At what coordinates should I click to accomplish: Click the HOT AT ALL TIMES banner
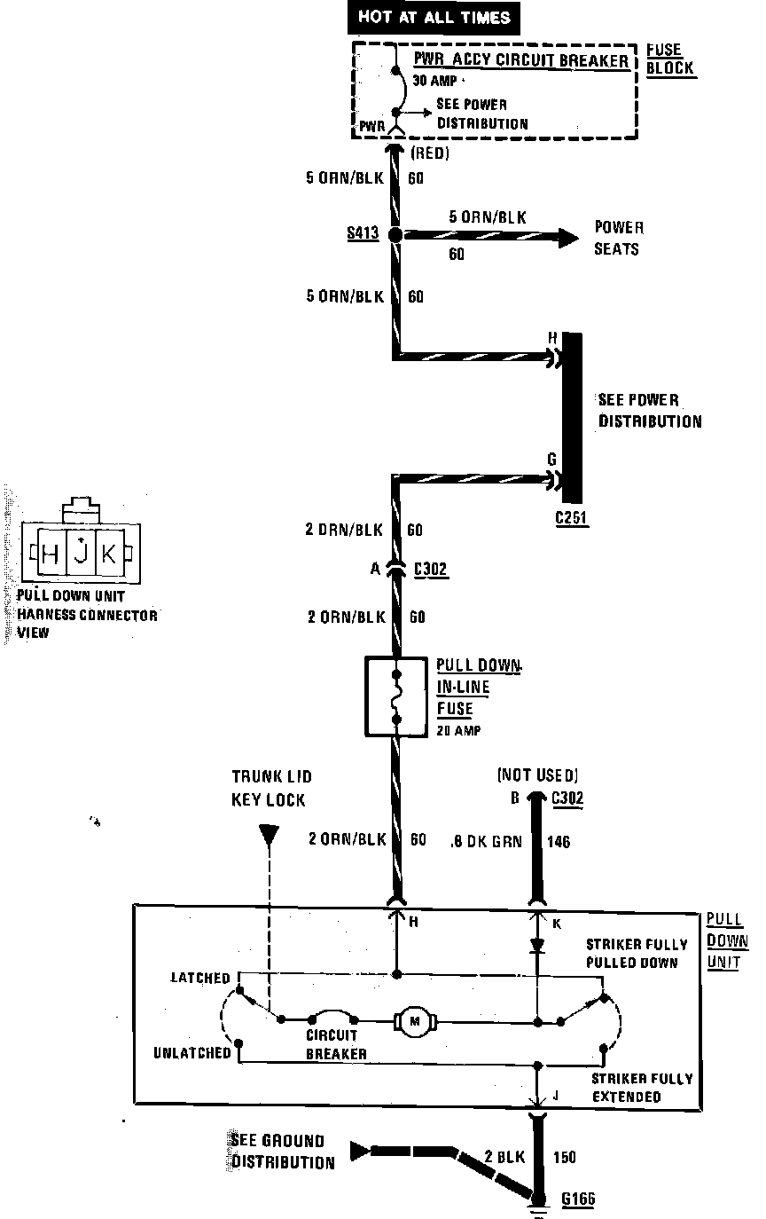pyautogui.click(x=434, y=16)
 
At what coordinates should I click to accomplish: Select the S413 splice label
pyautogui.click(x=363, y=234)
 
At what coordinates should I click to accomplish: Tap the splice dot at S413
pyautogui.click(x=395, y=235)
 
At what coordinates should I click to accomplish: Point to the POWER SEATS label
pyautogui.click(x=618, y=239)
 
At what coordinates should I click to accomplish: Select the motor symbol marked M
pyautogui.click(x=414, y=1022)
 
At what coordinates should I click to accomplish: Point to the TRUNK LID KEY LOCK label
pyautogui.click(x=270, y=788)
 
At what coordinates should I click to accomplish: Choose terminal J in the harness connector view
pyautogui.click(x=80, y=554)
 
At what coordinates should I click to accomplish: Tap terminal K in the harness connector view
pyautogui.click(x=108, y=554)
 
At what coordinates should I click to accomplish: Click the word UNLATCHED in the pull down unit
pyautogui.click(x=192, y=1052)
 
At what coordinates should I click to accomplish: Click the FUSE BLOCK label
pyautogui.click(x=670, y=59)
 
